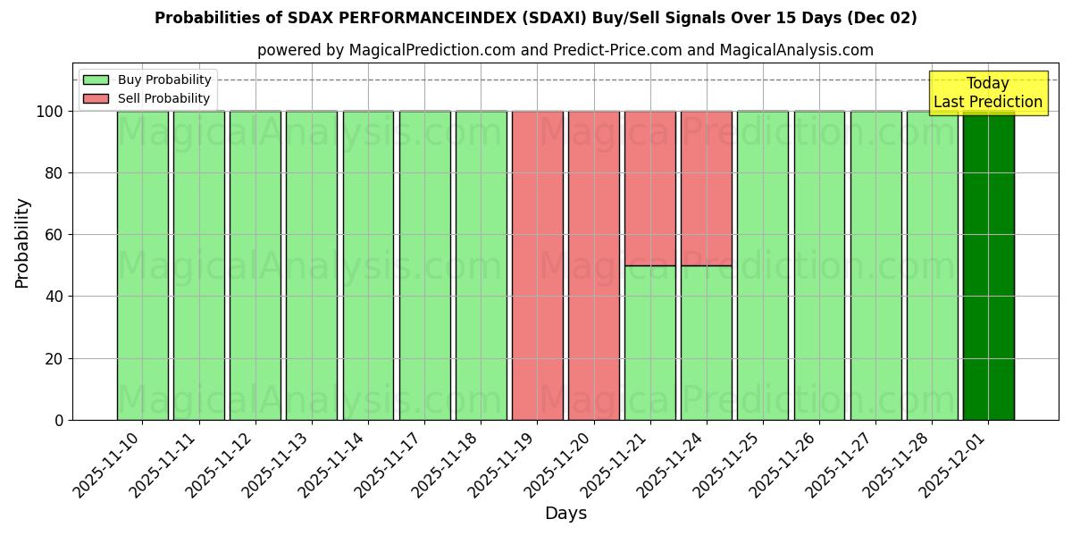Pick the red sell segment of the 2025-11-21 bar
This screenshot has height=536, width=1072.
pos(650,188)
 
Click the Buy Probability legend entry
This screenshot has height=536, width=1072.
pos(147,80)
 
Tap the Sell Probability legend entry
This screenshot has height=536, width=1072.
pos(147,98)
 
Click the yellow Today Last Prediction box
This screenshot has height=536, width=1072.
pos(988,93)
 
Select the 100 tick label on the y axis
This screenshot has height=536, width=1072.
pos(50,112)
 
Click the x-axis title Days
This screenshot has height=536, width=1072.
pos(565,514)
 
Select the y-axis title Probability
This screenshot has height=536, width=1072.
pos(22,243)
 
